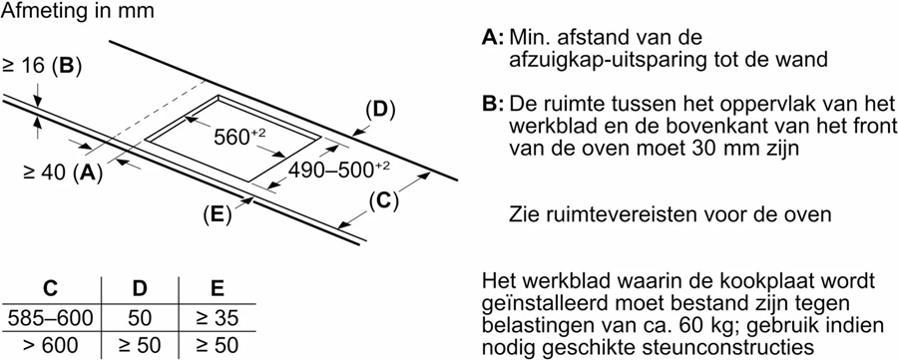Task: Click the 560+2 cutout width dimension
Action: pos(238,138)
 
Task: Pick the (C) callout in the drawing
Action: pos(382,199)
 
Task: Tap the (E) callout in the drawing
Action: pos(217,212)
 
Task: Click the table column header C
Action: pos(51,290)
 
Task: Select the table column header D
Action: pos(140,290)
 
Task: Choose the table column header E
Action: pos(217,290)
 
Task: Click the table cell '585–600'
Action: pos(50,319)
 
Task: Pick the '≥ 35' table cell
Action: pos(217,319)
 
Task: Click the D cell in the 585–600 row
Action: pos(140,319)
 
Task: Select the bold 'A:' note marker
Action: pos(492,38)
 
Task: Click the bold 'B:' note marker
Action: pos(492,105)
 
